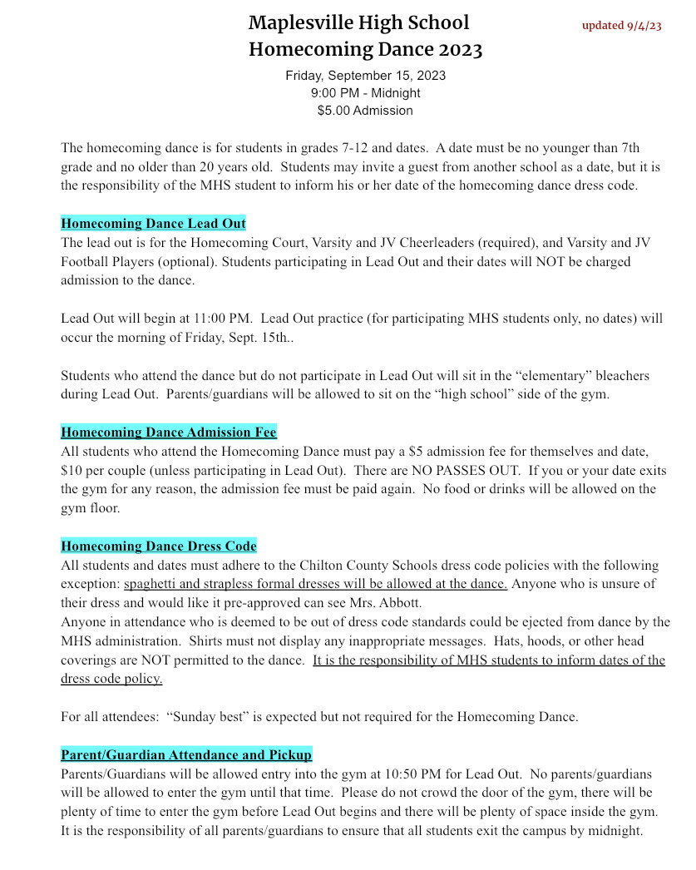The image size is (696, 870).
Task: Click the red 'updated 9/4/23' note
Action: click(x=621, y=25)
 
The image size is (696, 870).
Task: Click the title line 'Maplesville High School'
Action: click(x=358, y=22)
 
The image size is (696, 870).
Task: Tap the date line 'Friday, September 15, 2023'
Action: click(x=365, y=75)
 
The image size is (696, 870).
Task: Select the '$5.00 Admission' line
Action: click(x=365, y=110)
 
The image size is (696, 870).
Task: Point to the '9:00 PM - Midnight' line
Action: click(x=365, y=92)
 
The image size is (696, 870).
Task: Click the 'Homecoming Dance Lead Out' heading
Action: click(x=153, y=224)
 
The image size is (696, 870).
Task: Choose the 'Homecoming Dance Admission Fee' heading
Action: click(x=168, y=433)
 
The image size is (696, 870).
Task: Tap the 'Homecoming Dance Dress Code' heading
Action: click(x=158, y=546)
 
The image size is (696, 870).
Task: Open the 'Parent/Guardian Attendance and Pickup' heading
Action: click(x=186, y=755)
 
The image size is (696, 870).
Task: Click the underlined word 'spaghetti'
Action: click(x=151, y=584)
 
